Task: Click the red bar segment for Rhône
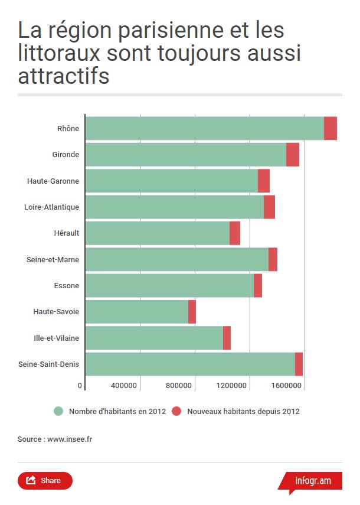[330, 129]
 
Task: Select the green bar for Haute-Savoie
[137, 312]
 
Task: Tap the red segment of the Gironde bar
[293, 155]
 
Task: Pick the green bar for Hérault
[158, 233]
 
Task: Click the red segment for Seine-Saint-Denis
[299, 364]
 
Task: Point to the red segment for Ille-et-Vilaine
[227, 338]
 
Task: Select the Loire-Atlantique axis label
[51, 207]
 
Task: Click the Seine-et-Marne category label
[53, 259]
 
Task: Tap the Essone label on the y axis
[66, 286]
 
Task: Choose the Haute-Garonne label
[53, 181]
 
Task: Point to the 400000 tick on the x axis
[124, 386]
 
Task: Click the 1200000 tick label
[233, 386]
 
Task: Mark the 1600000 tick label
[287, 386]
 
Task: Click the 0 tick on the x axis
[80, 386]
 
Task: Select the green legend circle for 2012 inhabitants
[58, 411]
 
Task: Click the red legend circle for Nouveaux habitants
[176, 411]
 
